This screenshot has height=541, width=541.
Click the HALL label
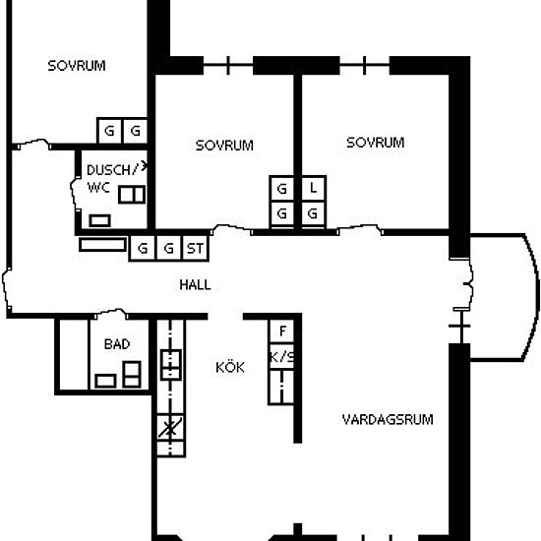click(x=195, y=285)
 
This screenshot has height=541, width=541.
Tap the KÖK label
click(x=230, y=367)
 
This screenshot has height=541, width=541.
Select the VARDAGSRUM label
click(x=388, y=420)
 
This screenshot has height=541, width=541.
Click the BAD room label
click(x=117, y=344)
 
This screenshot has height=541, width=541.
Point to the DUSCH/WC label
click(x=113, y=179)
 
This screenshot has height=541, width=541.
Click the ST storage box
click(x=196, y=248)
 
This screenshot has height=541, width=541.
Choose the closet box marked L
click(x=313, y=188)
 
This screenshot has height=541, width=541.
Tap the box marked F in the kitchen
click(x=282, y=331)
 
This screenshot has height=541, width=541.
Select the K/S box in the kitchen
click(x=281, y=357)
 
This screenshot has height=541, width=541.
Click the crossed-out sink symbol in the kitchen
click(x=170, y=428)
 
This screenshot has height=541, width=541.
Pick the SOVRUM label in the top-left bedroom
click(x=77, y=66)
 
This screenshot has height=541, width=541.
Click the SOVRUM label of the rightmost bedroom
click(x=376, y=143)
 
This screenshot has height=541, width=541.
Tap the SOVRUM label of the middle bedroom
click(x=224, y=146)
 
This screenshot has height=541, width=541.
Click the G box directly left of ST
click(x=169, y=248)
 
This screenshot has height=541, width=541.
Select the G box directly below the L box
click(x=313, y=213)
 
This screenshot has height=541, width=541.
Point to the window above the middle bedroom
click(x=228, y=65)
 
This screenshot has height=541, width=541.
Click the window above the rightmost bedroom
click(x=364, y=65)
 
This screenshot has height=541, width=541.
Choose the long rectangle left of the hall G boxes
click(x=102, y=245)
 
